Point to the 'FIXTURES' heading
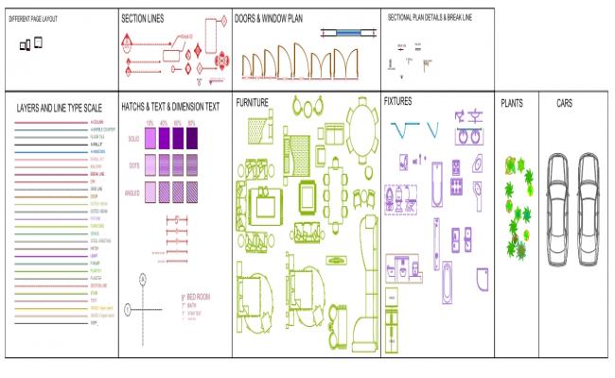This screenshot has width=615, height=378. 398,99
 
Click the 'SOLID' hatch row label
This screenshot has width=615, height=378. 132,139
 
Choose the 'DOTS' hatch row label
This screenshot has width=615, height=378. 133,165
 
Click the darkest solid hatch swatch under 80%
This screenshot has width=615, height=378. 192,139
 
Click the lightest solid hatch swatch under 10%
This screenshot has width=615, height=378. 149,139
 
